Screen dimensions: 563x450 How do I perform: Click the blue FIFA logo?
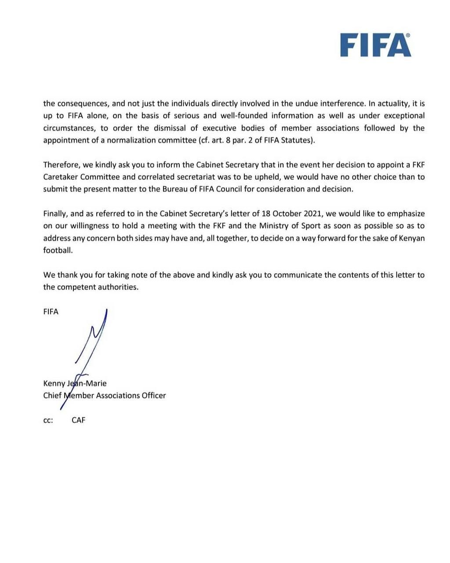click(x=376, y=46)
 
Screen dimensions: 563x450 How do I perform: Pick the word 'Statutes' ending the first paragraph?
click(x=297, y=141)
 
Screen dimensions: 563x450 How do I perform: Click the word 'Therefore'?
click(x=60, y=165)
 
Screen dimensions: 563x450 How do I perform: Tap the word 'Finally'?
click(x=55, y=214)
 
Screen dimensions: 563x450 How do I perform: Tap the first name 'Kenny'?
click(x=54, y=383)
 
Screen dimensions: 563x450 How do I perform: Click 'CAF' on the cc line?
click(x=79, y=420)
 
